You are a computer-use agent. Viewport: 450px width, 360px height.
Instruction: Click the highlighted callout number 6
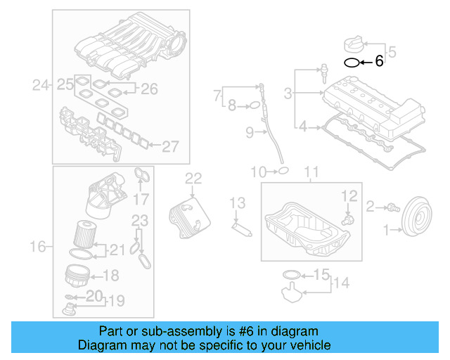(379, 62)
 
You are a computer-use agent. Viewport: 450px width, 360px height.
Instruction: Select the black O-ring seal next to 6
(350, 63)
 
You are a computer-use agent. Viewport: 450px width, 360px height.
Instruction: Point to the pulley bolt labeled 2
(392, 207)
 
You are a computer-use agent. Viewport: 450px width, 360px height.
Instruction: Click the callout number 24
(41, 86)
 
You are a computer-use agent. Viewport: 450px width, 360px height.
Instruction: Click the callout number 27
(171, 146)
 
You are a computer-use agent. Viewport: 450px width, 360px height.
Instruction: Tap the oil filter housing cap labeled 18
(79, 274)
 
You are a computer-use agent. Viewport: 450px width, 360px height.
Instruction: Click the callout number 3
(288, 93)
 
